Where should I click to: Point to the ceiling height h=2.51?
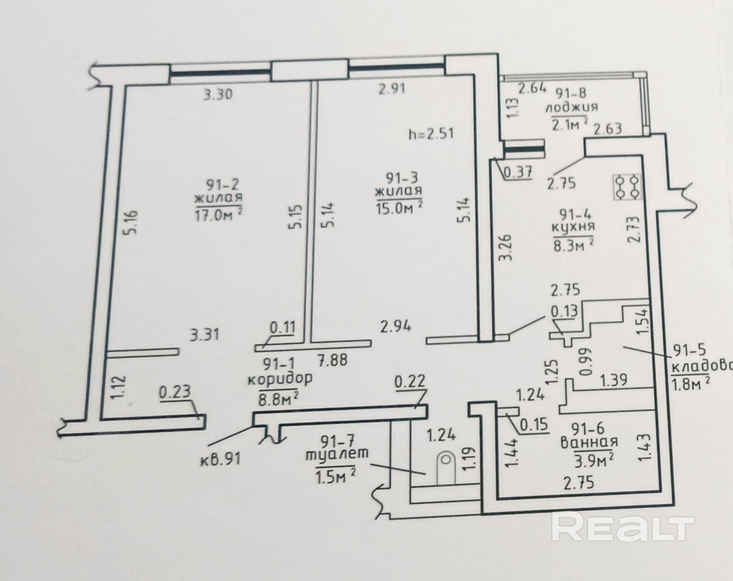click(x=431, y=133)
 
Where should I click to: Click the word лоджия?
click(x=572, y=107)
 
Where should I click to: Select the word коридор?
click(x=280, y=379)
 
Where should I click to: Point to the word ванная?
click(x=589, y=442)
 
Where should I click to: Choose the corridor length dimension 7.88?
click(x=332, y=360)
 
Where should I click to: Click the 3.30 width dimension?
click(x=218, y=94)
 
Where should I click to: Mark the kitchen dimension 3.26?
click(x=506, y=247)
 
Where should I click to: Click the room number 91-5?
click(x=689, y=350)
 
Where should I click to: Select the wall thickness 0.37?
click(x=518, y=173)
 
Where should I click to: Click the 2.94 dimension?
click(x=395, y=326)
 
